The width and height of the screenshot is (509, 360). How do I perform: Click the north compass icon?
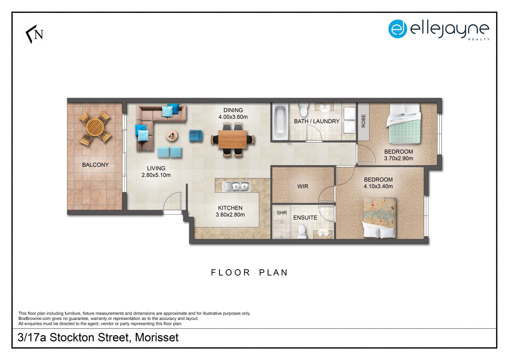coord(34,34)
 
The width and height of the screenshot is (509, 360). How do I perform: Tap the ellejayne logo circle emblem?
coord(397,29)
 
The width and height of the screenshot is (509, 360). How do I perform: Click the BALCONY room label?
coord(95,165)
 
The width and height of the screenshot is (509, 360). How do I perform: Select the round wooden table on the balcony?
coord(95,127)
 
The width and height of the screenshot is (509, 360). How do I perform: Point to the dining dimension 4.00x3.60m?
coord(233,117)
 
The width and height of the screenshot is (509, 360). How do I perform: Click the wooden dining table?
coord(232,139)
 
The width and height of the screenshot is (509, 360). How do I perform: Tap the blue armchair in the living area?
coord(196,136)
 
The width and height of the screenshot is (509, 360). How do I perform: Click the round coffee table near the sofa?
coord(172,136)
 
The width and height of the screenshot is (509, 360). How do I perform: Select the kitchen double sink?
coord(236,187)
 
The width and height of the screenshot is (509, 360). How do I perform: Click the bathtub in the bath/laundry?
coord(280,122)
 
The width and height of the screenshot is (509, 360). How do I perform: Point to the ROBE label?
coord(363,121)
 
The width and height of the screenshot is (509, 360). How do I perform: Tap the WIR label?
coord(303,186)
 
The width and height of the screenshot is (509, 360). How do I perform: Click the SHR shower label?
coord(282,213)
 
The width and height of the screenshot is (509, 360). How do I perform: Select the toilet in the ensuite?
coord(302,231)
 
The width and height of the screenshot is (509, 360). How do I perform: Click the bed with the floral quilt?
coord(380,217)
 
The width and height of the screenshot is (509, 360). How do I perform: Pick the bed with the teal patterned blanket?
coord(403,124)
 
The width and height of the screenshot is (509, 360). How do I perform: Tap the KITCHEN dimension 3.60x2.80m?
coord(230,215)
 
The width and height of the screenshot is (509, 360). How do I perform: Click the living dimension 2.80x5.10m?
coord(156,175)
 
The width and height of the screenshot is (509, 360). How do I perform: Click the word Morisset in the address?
coord(157,337)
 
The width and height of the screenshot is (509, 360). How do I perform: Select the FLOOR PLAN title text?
coord(249,272)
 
